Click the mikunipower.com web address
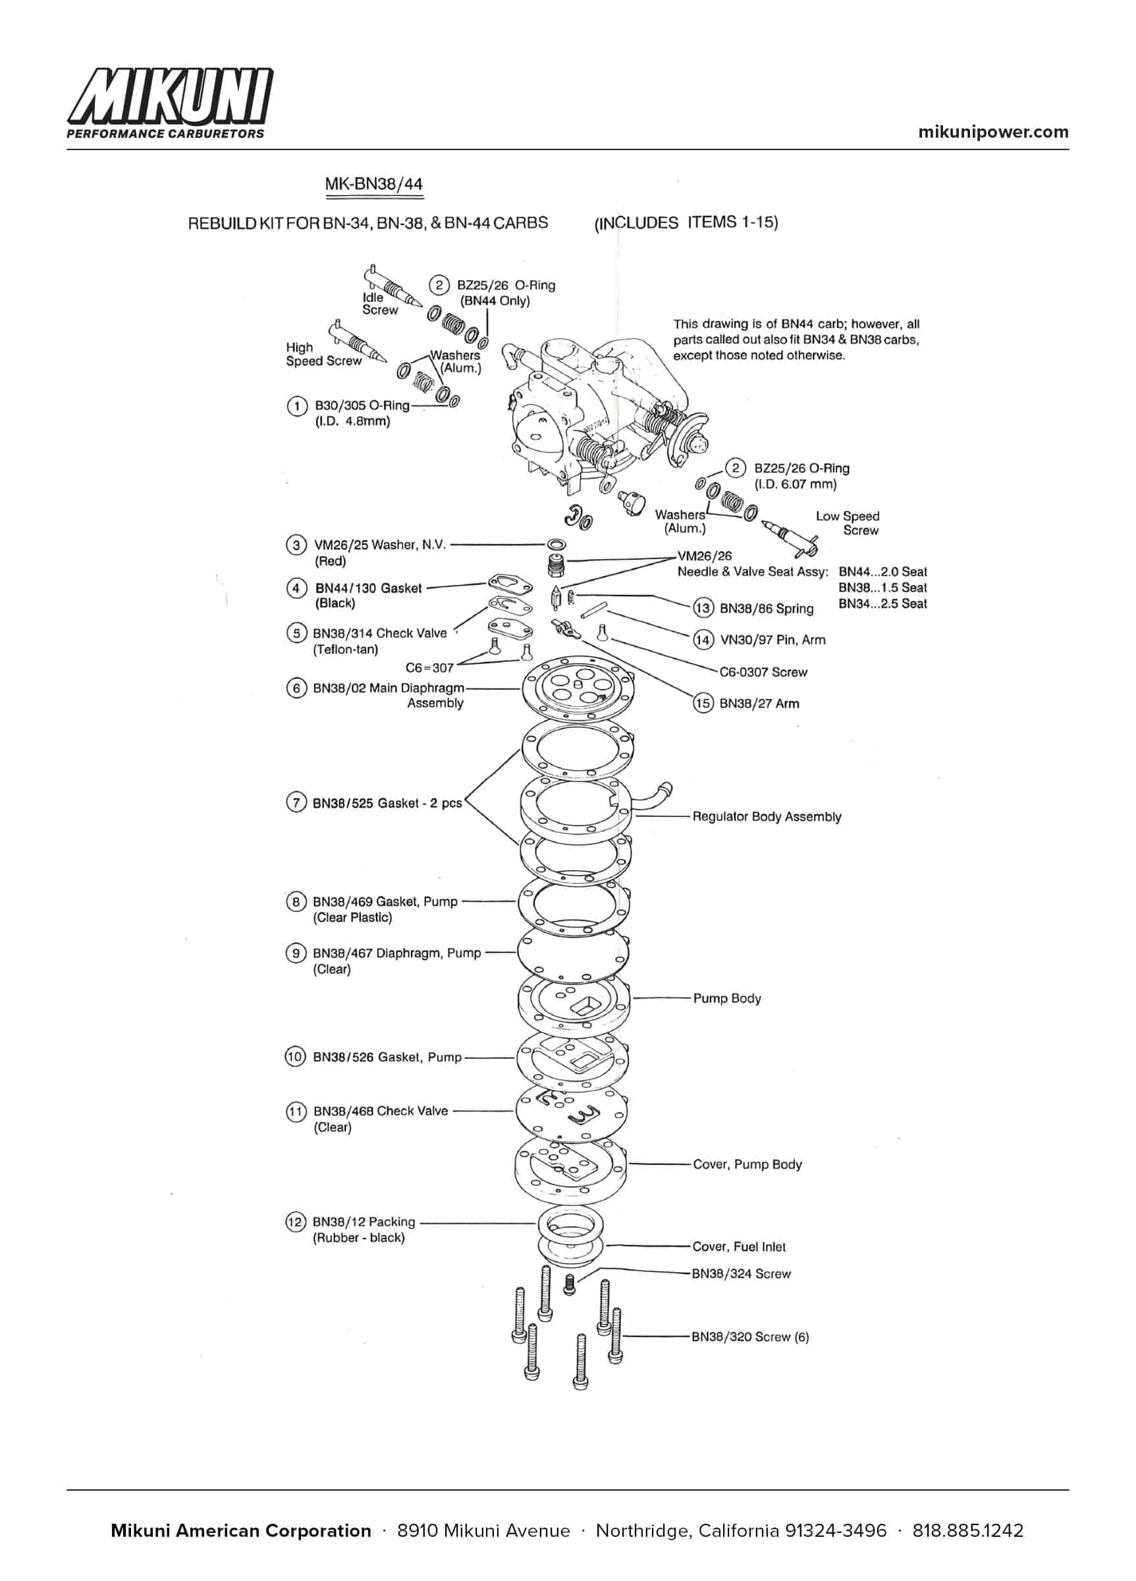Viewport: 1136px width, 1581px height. coord(992,132)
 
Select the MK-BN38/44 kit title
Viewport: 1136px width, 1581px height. coord(373,184)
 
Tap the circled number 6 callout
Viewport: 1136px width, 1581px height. coord(296,688)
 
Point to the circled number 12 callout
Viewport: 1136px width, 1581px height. coord(296,1221)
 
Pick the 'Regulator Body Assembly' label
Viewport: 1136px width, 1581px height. coord(767,816)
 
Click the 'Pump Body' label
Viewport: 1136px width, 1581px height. coord(727,998)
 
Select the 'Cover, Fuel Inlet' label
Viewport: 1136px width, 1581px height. coord(739,1246)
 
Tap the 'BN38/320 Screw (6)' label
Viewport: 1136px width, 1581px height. coord(750,1337)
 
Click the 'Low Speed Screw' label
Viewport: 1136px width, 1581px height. coord(848,523)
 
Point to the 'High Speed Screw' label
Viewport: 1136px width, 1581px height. coord(323,354)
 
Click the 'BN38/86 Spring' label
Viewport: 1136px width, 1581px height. coord(766,609)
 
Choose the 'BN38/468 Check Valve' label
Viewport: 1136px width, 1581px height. coord(380,1111)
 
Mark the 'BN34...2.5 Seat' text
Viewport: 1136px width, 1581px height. coord(882,603)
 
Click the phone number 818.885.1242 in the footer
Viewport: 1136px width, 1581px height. coord(967,1531)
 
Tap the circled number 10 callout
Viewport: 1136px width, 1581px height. coord(296,1057)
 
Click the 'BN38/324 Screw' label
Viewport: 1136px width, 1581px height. coord(741,1273)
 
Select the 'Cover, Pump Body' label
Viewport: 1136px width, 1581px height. coord(747,1164)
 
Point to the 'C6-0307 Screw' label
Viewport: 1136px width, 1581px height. coord(763,672)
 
